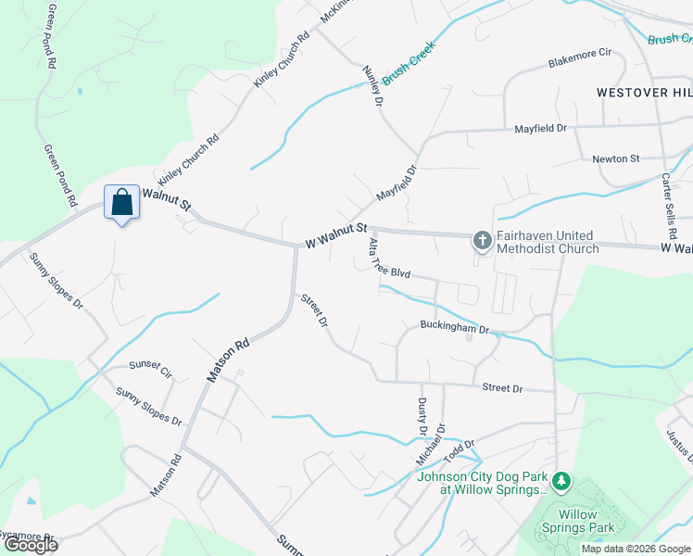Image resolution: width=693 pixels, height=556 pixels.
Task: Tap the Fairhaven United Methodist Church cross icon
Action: tap(482, 242)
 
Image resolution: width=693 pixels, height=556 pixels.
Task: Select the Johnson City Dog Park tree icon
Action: tap(560, 483)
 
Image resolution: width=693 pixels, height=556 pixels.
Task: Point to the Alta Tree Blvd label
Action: tap(388, 259)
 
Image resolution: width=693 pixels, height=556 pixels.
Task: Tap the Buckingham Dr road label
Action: tap(454, 327)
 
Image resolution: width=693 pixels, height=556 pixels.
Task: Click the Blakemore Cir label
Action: tap(581, 63)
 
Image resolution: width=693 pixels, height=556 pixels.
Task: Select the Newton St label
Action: tap(616, 158)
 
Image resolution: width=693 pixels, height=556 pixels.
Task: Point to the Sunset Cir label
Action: tap(151, 369)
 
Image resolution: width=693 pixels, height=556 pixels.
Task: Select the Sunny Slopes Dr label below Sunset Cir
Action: tap(148, 406)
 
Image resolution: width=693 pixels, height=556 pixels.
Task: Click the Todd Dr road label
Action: tap(459, 453)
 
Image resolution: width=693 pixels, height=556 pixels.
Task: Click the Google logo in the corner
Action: tap(31, 545)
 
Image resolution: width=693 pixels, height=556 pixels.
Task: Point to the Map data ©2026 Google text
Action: tap(636, 549)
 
